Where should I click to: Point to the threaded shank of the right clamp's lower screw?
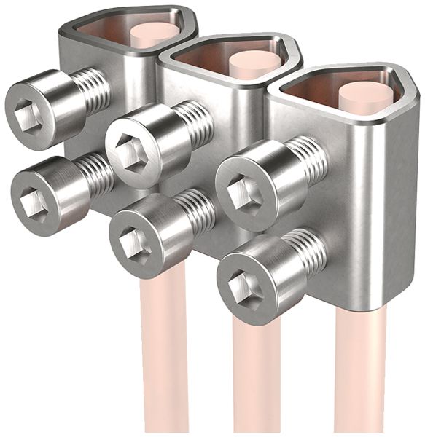[306, 252]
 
